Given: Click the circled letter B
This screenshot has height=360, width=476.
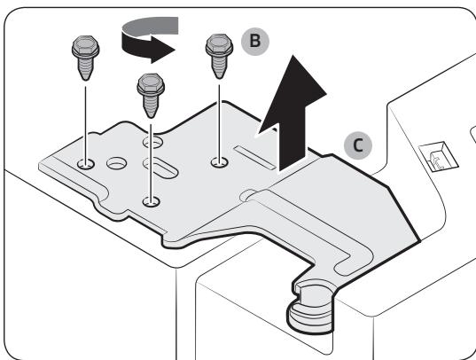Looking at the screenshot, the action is point(255,41).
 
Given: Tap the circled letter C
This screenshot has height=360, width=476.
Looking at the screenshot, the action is point(358,145).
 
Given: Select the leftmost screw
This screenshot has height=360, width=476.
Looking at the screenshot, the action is point(86,58).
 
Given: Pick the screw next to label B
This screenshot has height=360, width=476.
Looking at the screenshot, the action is point(219,56).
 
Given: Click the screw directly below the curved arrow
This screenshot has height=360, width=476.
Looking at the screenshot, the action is point(151,96).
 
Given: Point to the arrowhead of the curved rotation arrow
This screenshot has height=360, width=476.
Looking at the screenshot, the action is point(163,50).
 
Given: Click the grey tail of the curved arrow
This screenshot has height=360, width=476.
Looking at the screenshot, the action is point(151,26).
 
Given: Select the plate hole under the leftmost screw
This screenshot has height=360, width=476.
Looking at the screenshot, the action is point(86,164).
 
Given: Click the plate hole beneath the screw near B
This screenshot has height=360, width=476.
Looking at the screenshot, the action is point(220,162).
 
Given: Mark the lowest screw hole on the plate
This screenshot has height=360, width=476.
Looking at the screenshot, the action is point(152,201).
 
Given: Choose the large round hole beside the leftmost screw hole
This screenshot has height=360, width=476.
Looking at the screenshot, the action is point(117,163).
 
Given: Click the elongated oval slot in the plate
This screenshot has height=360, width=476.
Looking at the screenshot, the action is point(160,168).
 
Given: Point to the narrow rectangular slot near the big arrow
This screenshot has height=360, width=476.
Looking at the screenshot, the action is point(255,157).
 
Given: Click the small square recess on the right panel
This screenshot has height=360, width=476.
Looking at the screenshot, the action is point(439,158).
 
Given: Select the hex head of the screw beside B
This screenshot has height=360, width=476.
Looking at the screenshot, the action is point(219,44).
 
